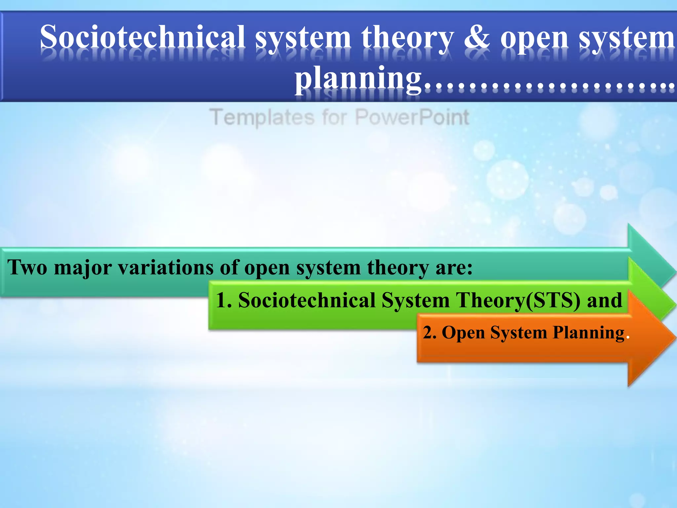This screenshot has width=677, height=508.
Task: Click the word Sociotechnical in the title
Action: coord(142,37)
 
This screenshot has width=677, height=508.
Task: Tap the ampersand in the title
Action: coord(477,37)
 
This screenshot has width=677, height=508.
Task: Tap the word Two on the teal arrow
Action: coord(27,267)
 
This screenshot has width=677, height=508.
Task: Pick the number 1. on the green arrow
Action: coord(223,300)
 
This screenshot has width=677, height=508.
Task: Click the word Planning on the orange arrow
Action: coord(588,332)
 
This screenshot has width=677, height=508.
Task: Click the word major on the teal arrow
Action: coord(83,267)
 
